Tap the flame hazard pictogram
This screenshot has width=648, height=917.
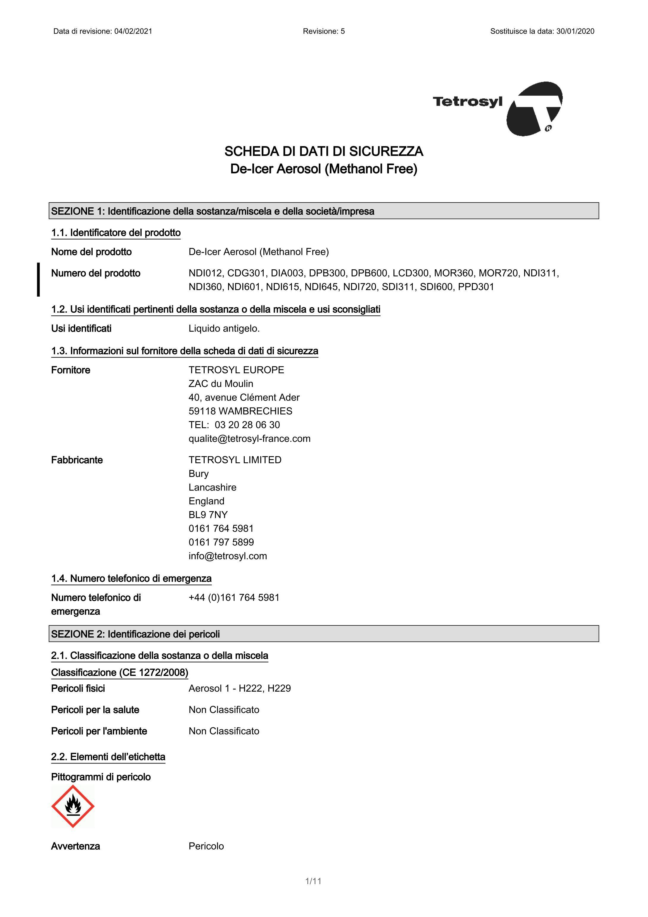73,806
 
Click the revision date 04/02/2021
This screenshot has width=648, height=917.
133,31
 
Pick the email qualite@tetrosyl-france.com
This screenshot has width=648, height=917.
249,439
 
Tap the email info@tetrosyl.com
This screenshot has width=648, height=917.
228,556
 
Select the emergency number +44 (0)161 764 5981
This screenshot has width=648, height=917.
234,597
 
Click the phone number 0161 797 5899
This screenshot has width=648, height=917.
221,542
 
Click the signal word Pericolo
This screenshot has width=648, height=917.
206,846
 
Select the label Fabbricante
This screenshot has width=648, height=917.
77,460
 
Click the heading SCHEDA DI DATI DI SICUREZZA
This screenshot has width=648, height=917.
324,151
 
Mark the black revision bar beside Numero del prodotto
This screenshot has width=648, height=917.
38,279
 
